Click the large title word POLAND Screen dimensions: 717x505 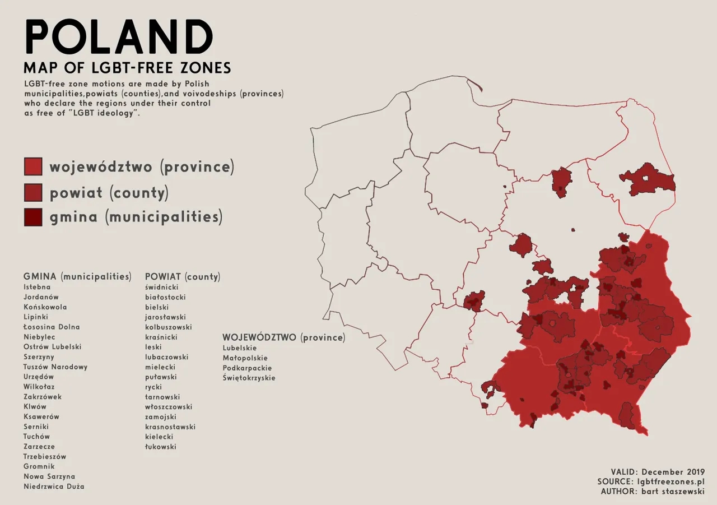[119, 38]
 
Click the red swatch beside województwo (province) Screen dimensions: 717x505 [33, 166]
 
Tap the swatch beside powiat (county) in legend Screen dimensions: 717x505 [33, 192]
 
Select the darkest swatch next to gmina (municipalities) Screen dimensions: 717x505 [33, 216]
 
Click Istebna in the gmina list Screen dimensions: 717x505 [37, 287]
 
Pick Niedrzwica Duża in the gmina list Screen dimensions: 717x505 [54, 487]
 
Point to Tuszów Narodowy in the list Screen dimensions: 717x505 [55, 367]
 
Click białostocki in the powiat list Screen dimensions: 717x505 [165, 297]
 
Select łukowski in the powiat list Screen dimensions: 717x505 [161, 447]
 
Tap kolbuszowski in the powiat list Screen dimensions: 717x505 [169, 327]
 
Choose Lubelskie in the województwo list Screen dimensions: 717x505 [240, 348]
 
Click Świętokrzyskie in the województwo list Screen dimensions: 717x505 [249, 378]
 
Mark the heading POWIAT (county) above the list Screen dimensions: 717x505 [183, 277]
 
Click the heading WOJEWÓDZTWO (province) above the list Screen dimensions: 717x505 [283, 338]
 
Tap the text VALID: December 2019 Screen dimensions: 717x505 [658, 472]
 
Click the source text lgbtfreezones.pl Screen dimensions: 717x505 [671, 481]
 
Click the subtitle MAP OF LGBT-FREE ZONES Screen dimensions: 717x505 [127, 68]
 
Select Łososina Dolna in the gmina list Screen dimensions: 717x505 [52, 327]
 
